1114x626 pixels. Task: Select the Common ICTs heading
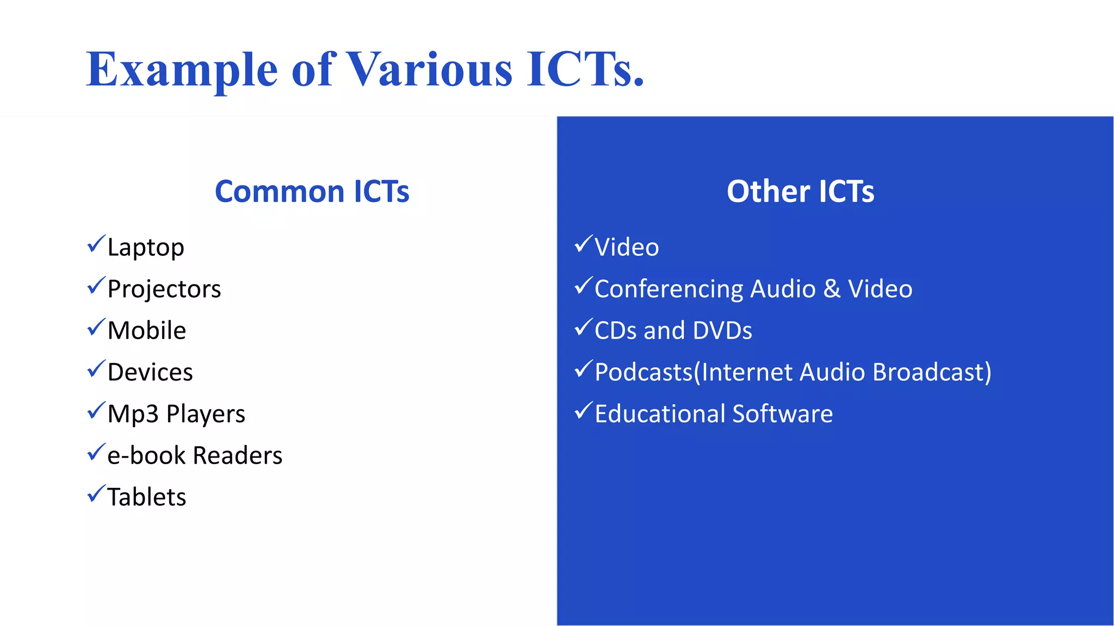click(312, 192)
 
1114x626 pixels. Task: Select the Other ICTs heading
click(800, 192)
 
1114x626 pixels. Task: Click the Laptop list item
click(146, 248)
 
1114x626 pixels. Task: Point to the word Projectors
click(164, 289)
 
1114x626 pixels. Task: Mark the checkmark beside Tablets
click(96, 494)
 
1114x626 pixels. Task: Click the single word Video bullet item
click(627, 248)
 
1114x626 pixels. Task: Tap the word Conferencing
click(669, 289)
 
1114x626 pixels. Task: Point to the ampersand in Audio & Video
click(832, 289)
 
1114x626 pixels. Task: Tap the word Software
click(782, 414)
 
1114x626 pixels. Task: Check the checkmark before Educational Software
click(583, 411)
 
